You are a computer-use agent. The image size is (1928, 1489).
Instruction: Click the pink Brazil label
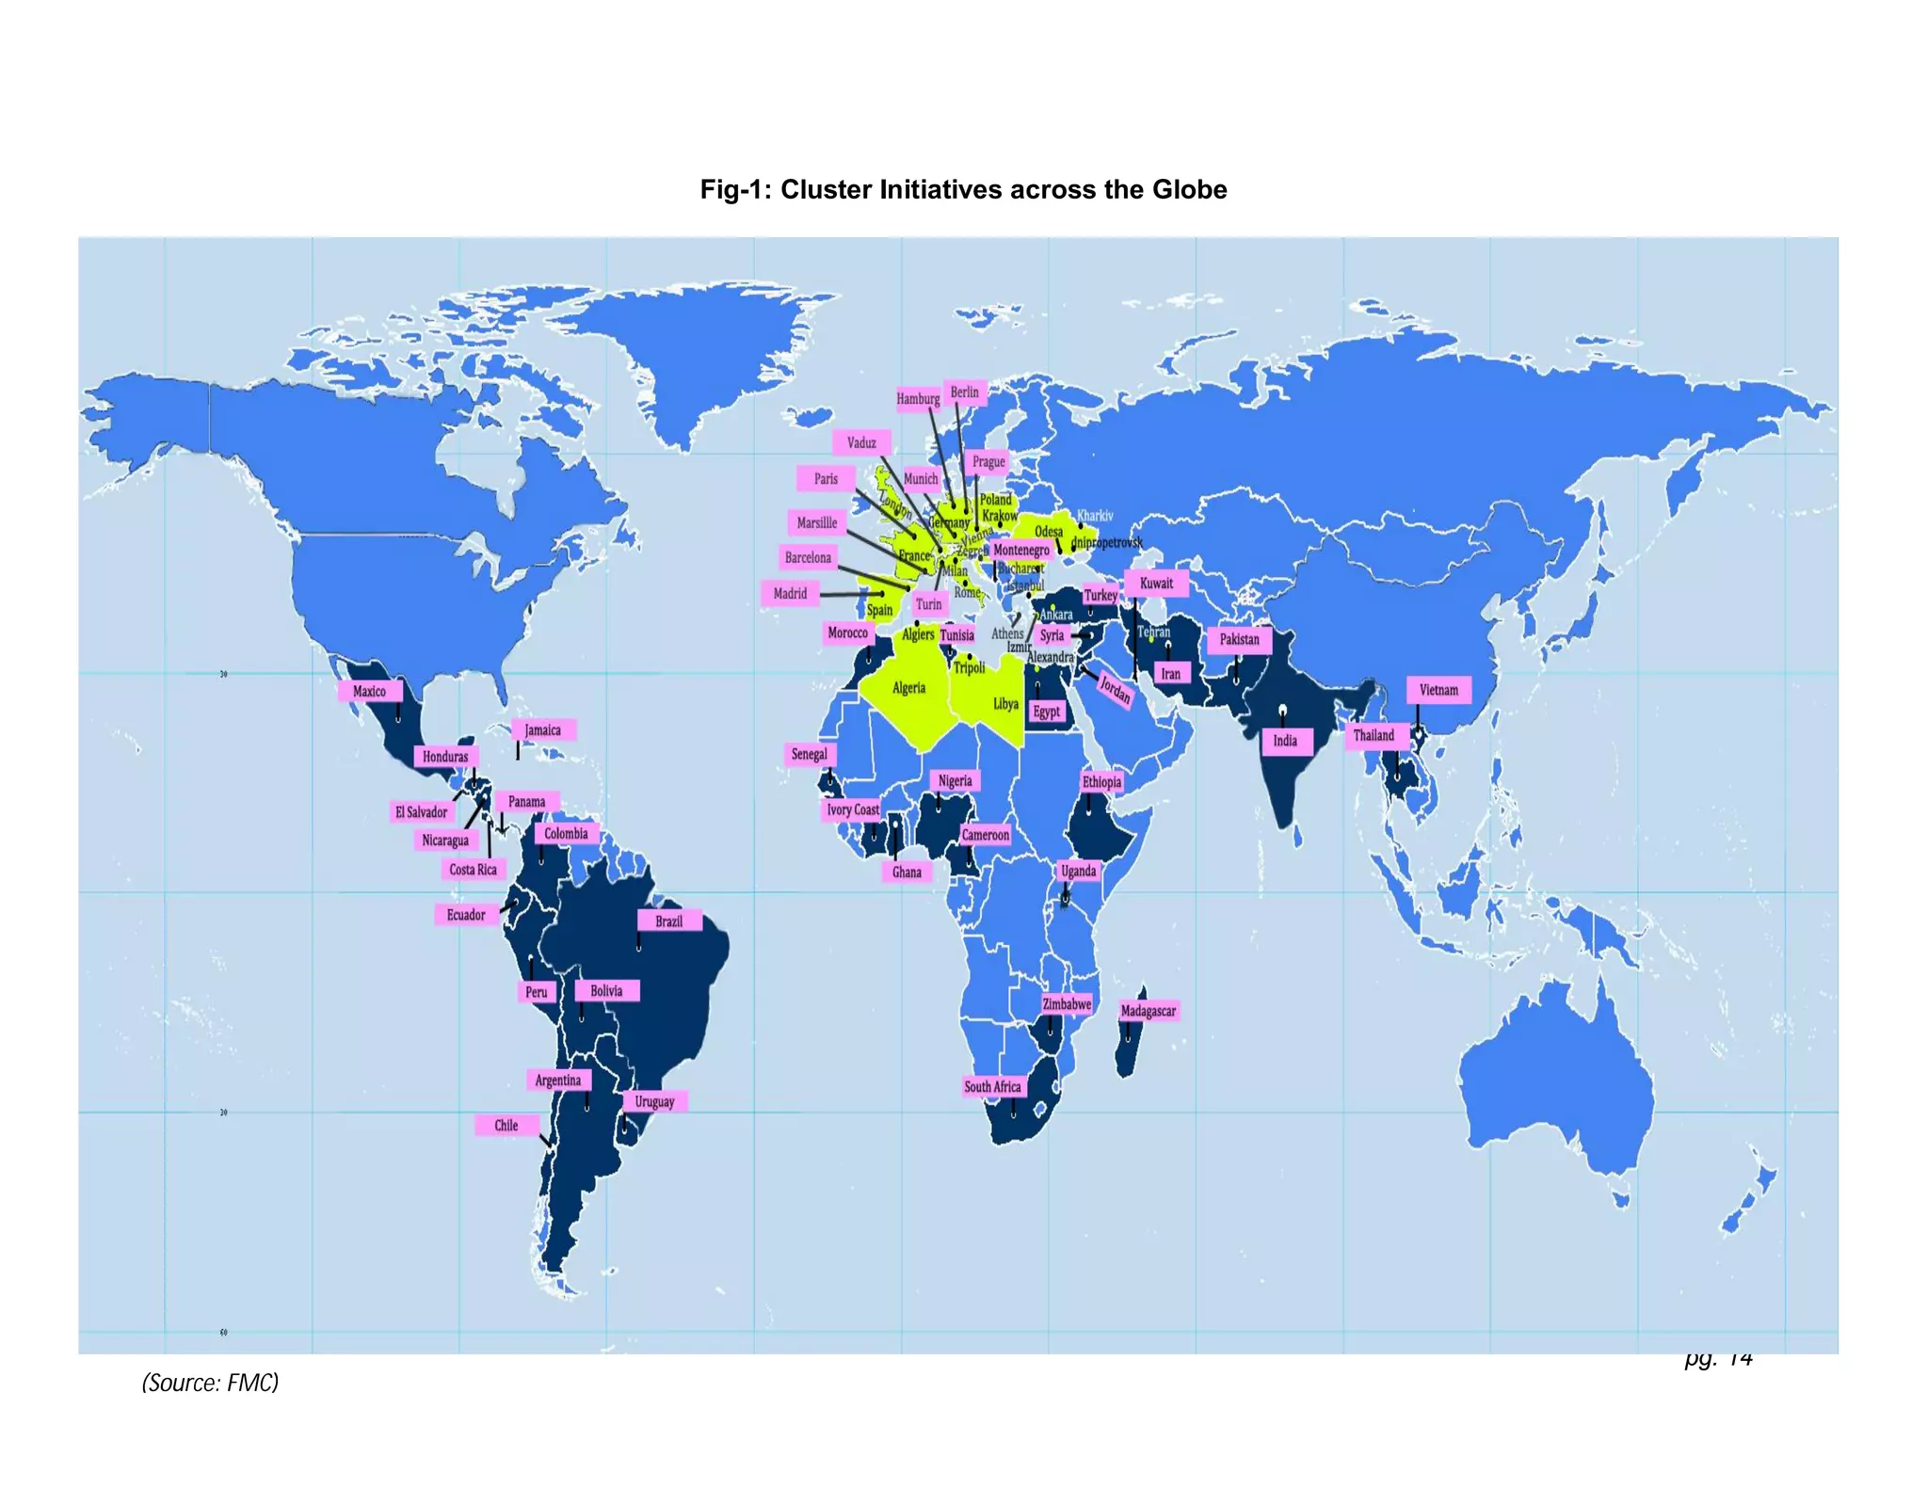point(669,921)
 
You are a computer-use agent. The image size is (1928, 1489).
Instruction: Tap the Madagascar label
point(1149,1011)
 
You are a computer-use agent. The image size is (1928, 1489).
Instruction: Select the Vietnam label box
point(1438,690)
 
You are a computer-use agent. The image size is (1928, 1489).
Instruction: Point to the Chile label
point(506,1125)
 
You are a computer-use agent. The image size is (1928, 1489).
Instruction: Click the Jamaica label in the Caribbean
point(543,729)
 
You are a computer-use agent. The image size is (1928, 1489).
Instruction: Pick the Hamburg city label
point(918,398)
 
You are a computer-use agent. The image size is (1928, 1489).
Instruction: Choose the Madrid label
point(790,593)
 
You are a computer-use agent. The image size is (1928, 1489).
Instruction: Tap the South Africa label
point(992,1086)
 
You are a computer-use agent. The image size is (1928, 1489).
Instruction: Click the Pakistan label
point(1239,639)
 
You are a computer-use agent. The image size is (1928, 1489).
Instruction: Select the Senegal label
point(810,754)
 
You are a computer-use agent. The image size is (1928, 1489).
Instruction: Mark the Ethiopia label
point(1101,781)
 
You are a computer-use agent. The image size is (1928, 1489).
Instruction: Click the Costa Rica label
point(473,869)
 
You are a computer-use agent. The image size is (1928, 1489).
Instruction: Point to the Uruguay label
point(654,1101)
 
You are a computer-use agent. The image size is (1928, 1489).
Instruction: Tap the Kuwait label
point(1156,583)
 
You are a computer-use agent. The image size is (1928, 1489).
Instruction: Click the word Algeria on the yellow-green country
point(908,688)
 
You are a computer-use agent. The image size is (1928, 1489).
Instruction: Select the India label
point(1285,741)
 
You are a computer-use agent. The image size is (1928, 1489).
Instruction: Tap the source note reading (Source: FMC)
point(210,1382)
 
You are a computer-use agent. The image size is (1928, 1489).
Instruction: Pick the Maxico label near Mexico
point(369,691)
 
